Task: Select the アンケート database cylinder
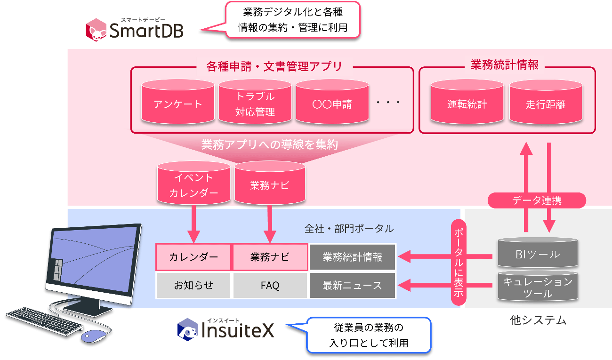178,102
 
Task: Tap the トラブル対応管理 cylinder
255,102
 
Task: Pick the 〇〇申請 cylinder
332,102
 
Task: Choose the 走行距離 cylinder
546,102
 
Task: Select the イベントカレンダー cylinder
193,184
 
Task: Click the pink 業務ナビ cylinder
270,184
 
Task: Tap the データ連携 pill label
537,200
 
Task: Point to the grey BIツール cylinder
537,254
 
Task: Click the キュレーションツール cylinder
537,286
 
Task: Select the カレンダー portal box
193,257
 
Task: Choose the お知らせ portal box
193,285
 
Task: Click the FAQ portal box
270,285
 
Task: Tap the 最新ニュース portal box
352,285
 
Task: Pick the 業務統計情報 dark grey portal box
352,257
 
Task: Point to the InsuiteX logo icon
187,329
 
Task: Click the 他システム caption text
538,320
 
